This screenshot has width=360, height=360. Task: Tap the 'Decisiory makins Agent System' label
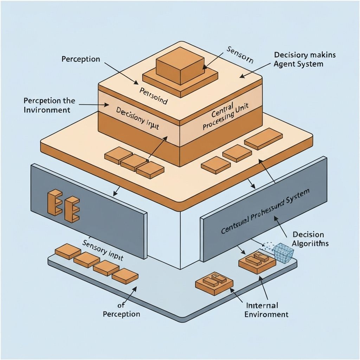pyautogui.click(x=304, y=59)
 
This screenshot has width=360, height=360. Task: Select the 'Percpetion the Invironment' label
pyautogui.click(x=49, y=105)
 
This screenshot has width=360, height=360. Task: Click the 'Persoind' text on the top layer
pyautogui.click(x=153, y=97)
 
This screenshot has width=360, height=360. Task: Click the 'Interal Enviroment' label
pyautogui.click(x=266, y=310)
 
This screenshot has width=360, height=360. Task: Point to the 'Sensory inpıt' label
pyautogui.click(x=103, y=250)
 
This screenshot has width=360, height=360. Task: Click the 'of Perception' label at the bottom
pyautogui.click(x=121, y=310)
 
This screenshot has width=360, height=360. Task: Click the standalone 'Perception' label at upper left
pyautogui.click(x=81, y=59)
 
